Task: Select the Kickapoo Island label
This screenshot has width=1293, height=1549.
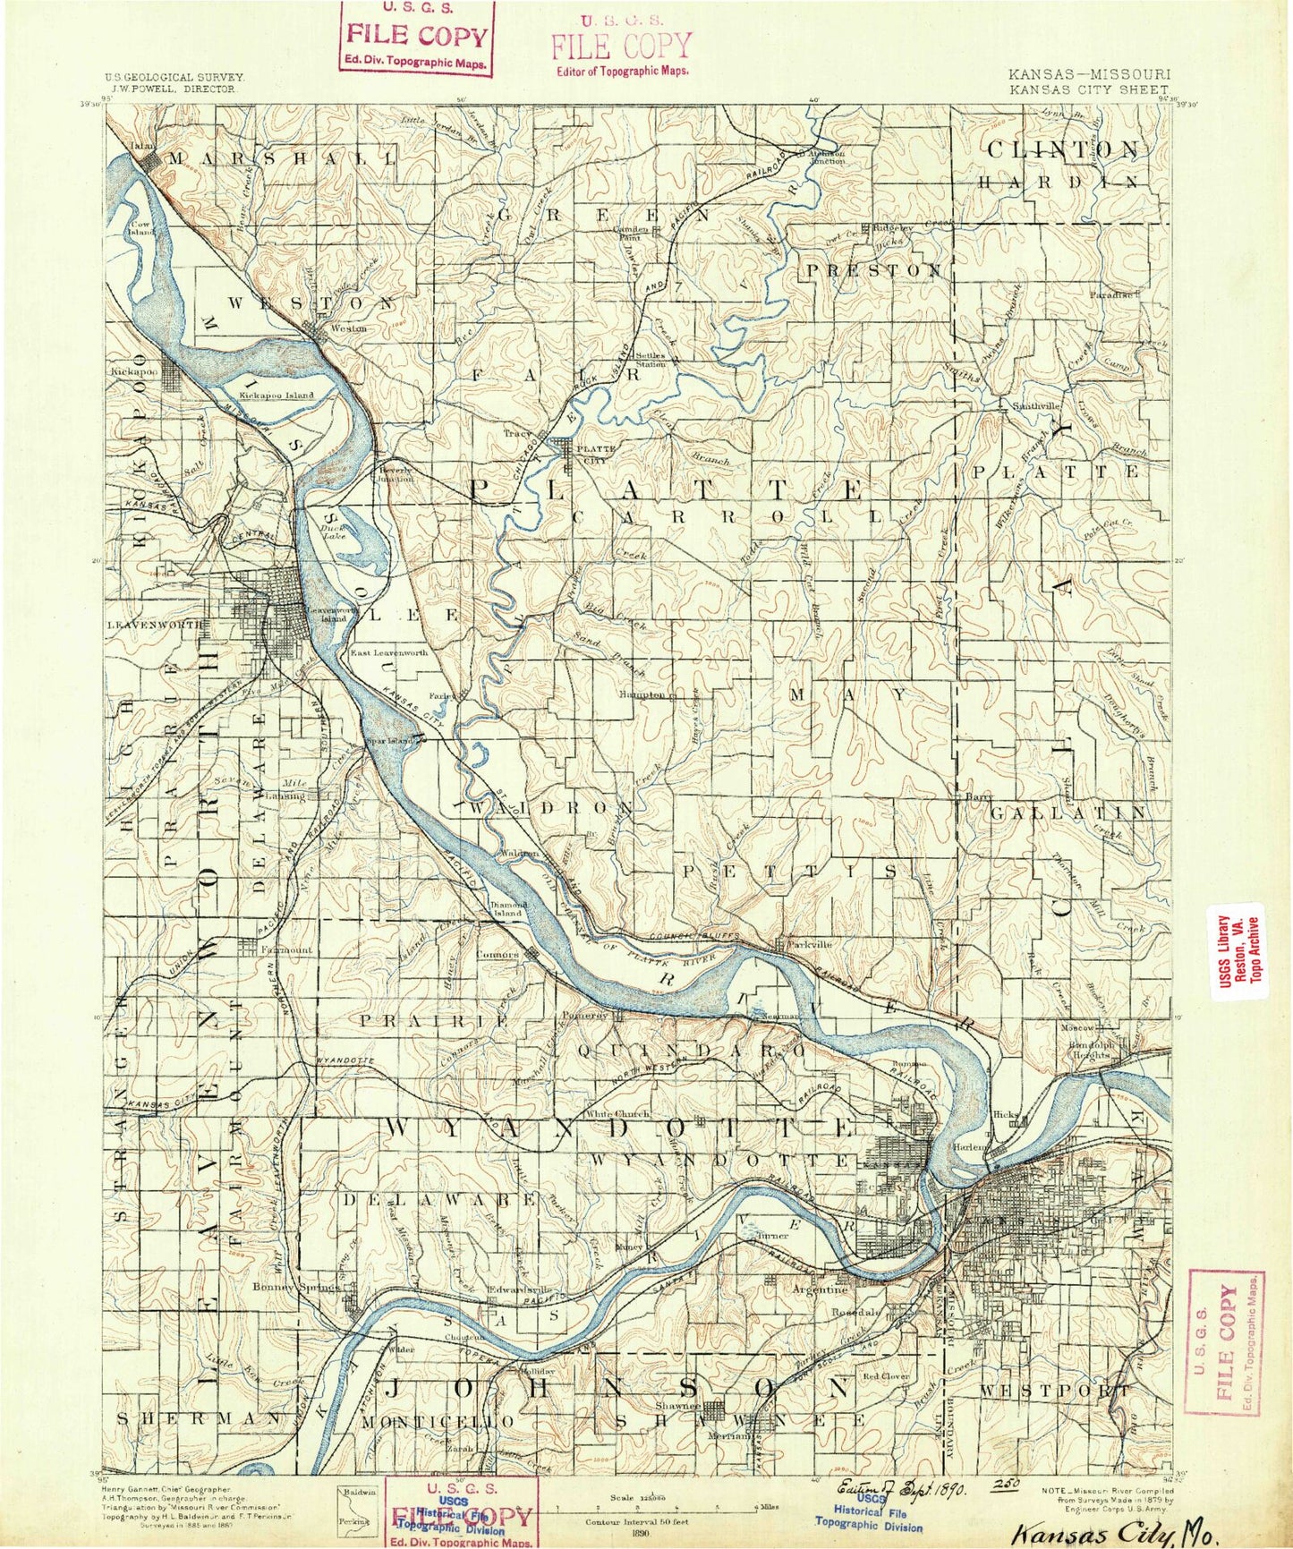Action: point(277,395)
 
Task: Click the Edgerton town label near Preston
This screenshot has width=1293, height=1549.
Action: point(893,228)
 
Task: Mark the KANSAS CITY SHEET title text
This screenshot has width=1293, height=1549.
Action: point(1087,89)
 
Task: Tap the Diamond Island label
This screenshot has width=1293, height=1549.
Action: point(506,908)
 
